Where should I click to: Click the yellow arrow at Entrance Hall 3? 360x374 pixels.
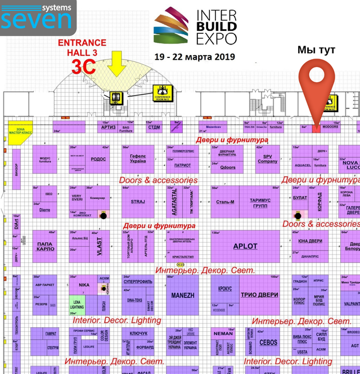tap(118, 63)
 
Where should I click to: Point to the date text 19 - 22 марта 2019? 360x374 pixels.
tap(195, 57)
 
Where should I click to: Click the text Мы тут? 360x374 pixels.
tap(316, 51)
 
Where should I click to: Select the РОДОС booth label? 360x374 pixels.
tap(98, 159)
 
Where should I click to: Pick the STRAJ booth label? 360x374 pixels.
tap(138, 201)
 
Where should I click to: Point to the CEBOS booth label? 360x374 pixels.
tap(268, 342)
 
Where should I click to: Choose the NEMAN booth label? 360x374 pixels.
tap(223, 333)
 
